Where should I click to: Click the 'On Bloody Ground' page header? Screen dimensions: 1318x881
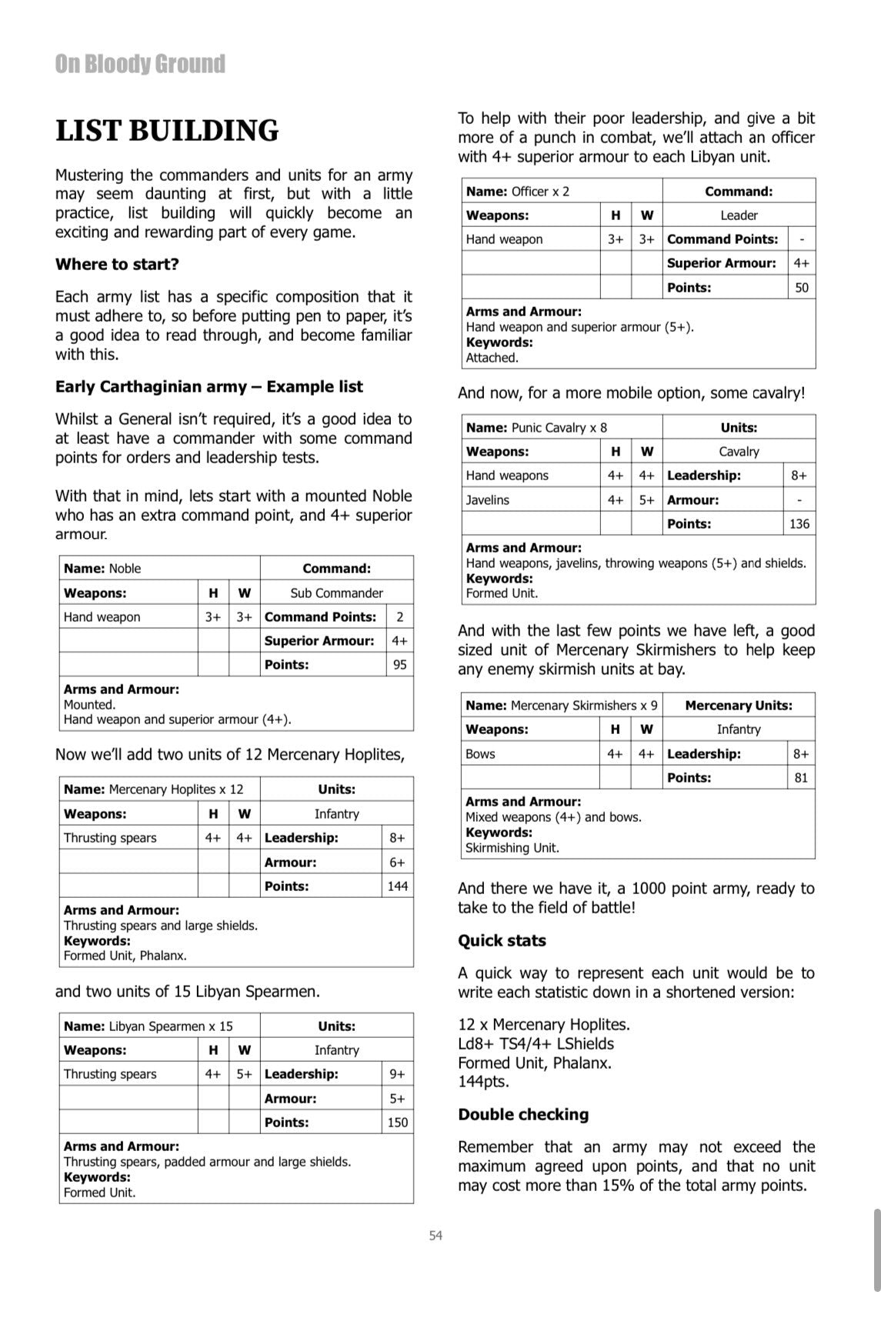point(140,64)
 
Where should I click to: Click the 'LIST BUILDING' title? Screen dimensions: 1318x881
point(167,131)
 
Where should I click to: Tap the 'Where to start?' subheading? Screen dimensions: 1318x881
point(117,264)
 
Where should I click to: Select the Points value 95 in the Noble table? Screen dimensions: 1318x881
point(399,665)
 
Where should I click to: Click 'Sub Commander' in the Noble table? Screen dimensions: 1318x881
point(336,593)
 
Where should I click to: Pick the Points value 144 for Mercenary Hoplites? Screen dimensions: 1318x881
point(397,886)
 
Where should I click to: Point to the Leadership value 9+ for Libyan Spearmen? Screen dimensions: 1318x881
point(397,1074)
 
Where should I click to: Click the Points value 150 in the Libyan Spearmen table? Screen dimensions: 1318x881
point(397,1123)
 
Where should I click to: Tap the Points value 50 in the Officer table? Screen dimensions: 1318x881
point(802,288)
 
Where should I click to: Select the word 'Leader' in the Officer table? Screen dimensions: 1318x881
point(739,215)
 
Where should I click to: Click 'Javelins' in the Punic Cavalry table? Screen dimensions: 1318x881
point(487,500)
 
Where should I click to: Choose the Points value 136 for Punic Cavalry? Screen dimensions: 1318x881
point(799,524)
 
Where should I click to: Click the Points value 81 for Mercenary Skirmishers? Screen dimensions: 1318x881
point(801,778)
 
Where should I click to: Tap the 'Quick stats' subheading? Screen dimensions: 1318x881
point(502,940)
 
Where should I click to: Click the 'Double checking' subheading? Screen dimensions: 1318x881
point(523,1114)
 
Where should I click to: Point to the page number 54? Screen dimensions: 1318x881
point(436,1236)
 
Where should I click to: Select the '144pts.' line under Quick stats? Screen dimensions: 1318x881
point(483,1082)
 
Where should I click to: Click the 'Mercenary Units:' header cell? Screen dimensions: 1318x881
point(738,706)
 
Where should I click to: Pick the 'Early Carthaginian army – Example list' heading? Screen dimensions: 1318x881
point(209,386)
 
